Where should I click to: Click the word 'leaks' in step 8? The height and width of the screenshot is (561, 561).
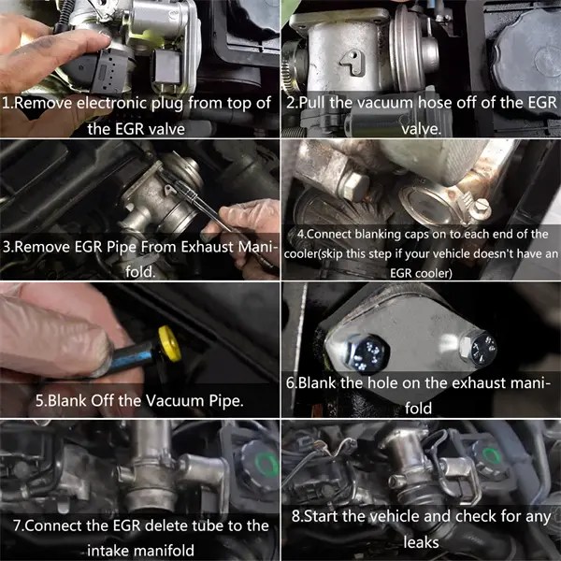(421, 541)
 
